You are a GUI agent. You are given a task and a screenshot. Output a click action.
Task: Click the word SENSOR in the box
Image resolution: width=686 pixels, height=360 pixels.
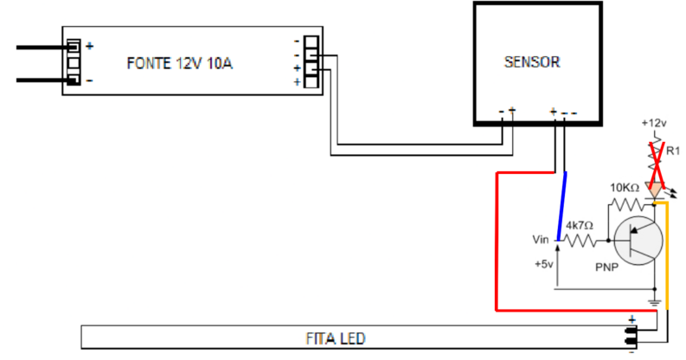532,62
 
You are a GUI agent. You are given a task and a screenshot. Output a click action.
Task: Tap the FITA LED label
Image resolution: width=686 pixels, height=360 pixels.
330,336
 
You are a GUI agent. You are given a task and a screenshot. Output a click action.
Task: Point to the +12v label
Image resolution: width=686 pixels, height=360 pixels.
654,123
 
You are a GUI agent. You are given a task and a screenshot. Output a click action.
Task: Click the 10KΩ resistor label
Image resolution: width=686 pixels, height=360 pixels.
625,188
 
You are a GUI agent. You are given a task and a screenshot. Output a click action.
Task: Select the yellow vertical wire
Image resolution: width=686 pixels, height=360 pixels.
667,251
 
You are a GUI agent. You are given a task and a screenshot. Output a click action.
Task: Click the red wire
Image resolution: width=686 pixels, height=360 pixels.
496,242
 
